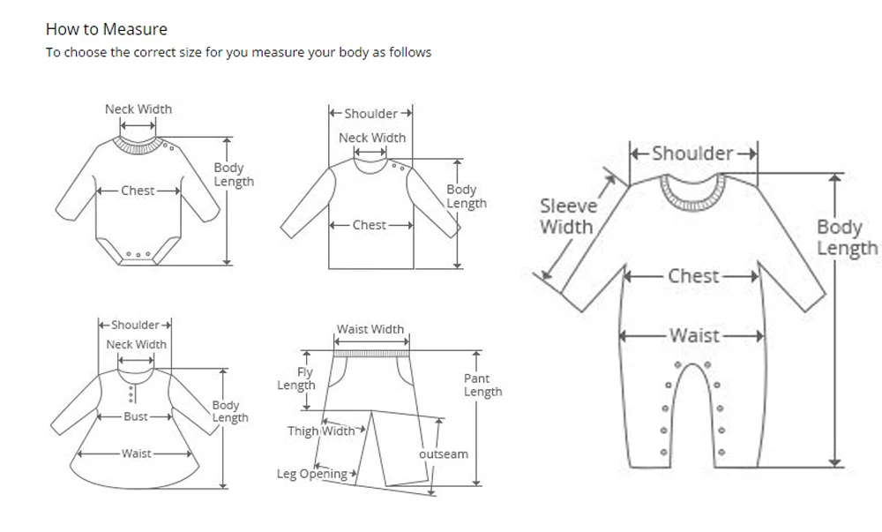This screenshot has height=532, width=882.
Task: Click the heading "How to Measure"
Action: [x=106, y=29]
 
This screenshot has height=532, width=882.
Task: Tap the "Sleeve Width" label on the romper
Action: [x=568, y=216]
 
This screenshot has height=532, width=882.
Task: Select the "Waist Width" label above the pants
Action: [x=370, y=329]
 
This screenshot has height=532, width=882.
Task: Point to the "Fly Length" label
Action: [x=296, y=379]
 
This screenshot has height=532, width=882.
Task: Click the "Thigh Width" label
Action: [x=321, y=431]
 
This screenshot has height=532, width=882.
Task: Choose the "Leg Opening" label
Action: [x=312, y=474]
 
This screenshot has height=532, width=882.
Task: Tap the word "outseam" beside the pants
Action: [x=443, y=453]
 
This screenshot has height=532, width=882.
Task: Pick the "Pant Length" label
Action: [x=482, y=385]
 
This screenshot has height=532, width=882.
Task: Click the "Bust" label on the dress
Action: [x=136, y=416]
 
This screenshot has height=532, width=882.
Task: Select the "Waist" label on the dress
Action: [x=137, y=453]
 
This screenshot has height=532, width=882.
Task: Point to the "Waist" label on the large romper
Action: [x=694, y=335]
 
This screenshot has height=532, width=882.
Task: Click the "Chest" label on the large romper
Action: [x=693, y=276]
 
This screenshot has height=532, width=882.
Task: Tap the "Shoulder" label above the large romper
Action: [x=692, y=154]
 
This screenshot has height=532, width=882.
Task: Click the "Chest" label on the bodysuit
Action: [x=138, y=191]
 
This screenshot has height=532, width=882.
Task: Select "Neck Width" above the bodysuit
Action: [x=138, y=109]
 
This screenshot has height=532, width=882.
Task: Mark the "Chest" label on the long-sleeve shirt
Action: [x=369, y=225]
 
